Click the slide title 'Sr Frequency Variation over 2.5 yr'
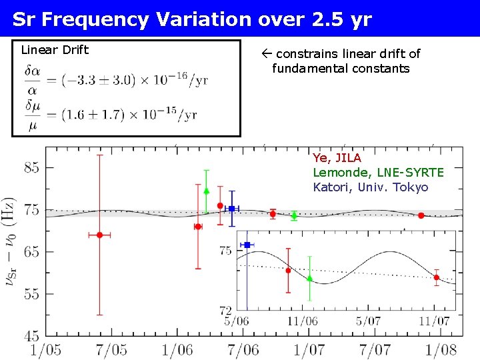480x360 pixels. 192,19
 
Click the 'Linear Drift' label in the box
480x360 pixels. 55,50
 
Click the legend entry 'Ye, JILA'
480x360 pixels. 337,158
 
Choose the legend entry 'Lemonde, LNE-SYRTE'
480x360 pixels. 378,173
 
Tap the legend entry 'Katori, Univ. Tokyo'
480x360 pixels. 371,187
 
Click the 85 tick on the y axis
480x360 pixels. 32,168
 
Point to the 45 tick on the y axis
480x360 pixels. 32,335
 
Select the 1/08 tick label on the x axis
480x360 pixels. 441,349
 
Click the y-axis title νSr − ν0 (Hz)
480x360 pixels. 12,242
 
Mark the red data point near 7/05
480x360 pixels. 99,235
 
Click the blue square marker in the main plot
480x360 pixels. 231,209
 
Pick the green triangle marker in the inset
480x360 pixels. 309,279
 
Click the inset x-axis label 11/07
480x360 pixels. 434,321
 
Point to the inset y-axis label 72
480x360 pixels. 225,310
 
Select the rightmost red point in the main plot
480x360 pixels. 421,215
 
